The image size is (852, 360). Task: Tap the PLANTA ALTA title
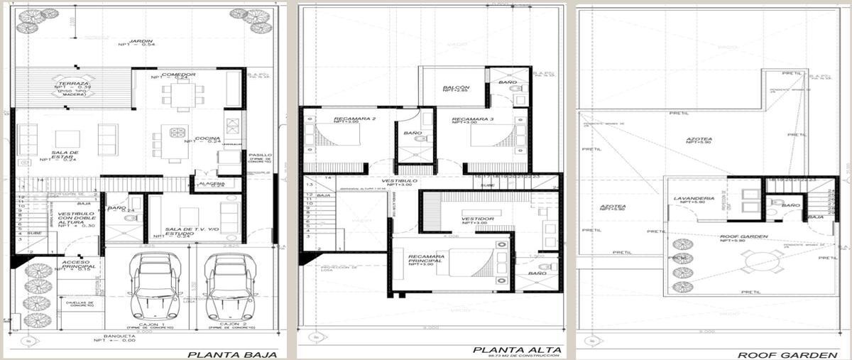point(518,349)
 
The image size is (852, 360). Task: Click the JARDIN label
point(139,40)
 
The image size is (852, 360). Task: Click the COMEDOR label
point(173,75)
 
